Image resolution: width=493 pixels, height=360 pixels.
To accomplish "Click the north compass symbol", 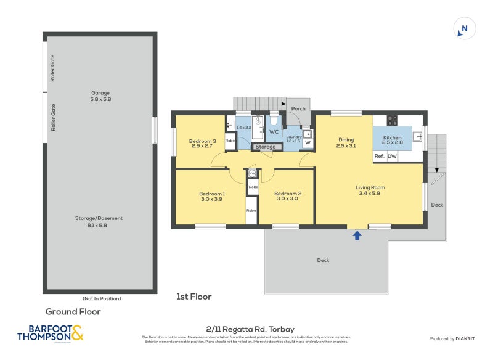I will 465,29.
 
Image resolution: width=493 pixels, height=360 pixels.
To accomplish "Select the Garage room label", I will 100,93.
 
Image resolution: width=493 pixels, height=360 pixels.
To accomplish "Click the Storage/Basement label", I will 100,218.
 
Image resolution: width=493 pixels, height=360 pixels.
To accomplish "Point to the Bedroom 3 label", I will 203,141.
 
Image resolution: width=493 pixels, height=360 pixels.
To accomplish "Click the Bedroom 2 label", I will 287,194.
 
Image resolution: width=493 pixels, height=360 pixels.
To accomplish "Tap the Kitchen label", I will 393,138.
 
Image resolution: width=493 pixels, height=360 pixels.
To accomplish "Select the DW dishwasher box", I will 392,157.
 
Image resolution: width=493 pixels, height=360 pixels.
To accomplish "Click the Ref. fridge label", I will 380,157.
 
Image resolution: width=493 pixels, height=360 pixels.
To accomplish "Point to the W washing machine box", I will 308,144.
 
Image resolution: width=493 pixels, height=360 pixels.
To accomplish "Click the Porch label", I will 298,109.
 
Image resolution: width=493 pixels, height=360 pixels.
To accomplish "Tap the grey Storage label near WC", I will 266,147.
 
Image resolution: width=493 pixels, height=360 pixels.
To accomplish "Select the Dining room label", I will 344,139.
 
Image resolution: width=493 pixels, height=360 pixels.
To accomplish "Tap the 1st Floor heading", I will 194,297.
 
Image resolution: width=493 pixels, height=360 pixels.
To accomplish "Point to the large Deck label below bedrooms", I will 323,260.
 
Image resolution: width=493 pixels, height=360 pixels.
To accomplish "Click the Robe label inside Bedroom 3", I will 230,141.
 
